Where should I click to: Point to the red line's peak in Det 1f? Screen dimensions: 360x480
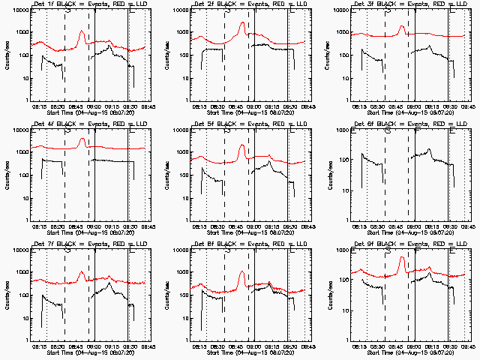click(x=82, y=31)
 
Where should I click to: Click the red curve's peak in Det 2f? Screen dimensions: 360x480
click(x=242, y=23)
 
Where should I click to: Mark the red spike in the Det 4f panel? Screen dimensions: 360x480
click(x=82, y=139)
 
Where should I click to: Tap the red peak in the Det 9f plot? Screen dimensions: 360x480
click(x=402, y=257)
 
